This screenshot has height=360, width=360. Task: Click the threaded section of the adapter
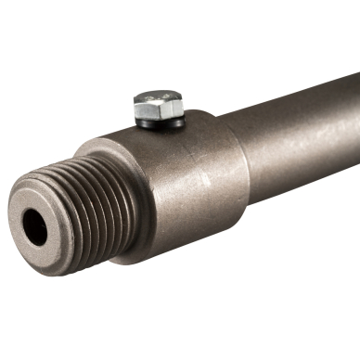click(x=84, y=204)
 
